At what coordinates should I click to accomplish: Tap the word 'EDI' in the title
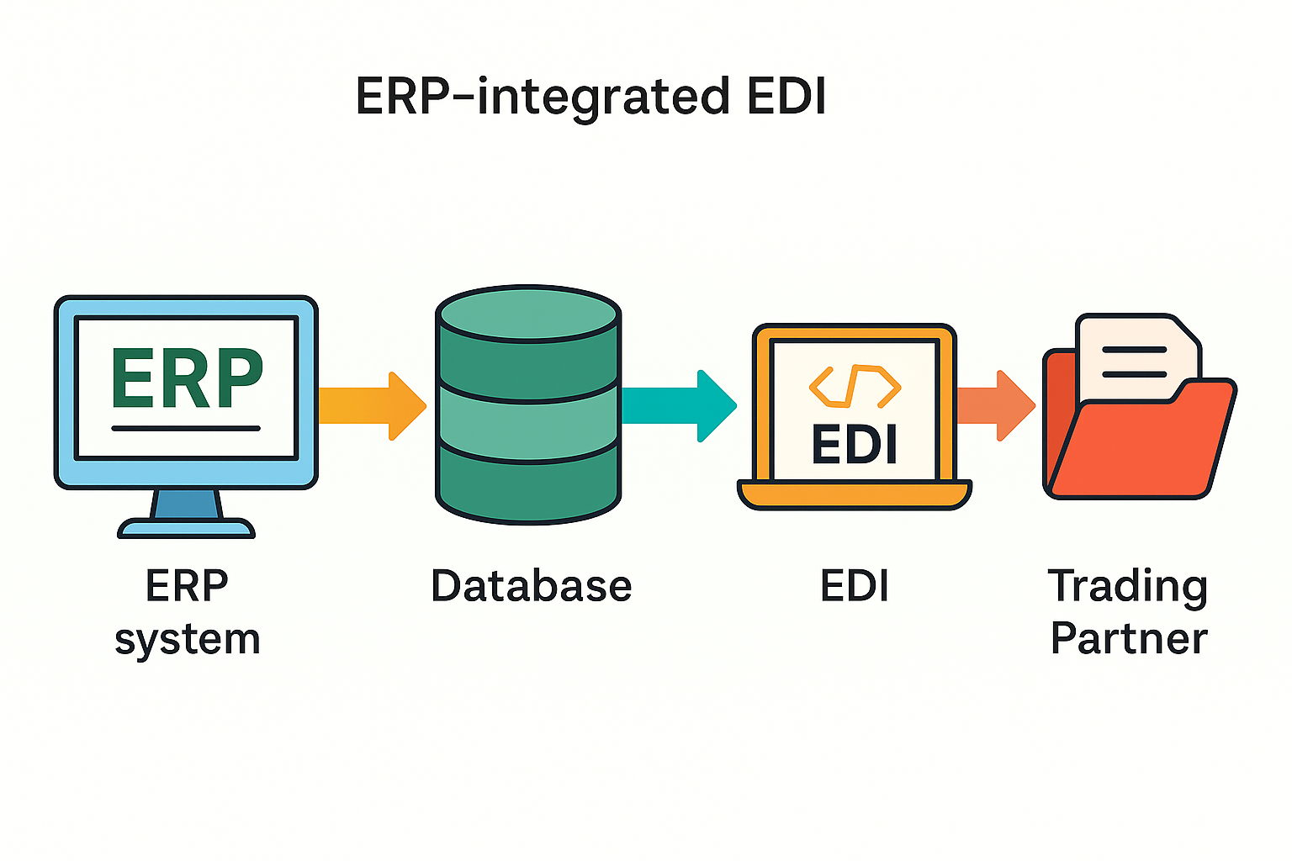pyautogui.click(x=786, y=96)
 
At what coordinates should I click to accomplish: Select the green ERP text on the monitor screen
pyautogui.click(x=187, y=378)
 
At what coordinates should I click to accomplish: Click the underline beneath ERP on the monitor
pyautogui.click(x=186, y=428)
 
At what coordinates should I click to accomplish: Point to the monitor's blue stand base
pyautogui.click(x=186, y=529)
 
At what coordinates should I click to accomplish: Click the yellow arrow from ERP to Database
pyautogui.click(x=370, y=405)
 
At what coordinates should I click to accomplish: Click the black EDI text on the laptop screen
pyautogui.click(x=855, y=444)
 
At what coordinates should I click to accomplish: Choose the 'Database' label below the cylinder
pyautogui.click(x=531, y=586)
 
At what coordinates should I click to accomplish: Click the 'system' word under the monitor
pyautogui.click(x=187, y=640)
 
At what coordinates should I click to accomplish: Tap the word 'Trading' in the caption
pyautogui.click(x=1127, y=586)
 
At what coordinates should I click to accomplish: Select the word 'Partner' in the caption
pyautogui.click(x=1128, y=638)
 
